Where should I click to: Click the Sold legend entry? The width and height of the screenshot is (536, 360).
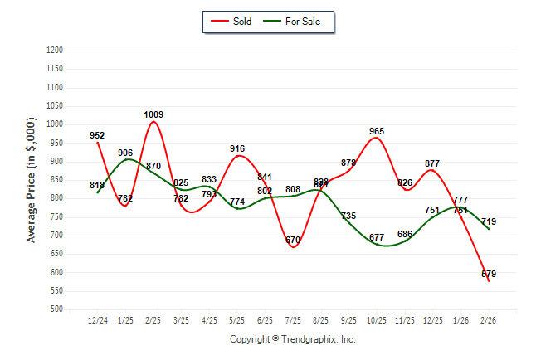[231, 22]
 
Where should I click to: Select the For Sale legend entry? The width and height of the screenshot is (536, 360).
[295, 22]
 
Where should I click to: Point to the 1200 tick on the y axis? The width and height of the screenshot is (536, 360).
[56, 51]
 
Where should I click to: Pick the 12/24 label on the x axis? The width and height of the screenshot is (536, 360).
[98, 320]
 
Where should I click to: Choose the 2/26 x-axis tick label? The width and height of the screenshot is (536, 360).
[489, 320]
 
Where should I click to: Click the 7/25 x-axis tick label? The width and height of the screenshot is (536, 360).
[293, 320]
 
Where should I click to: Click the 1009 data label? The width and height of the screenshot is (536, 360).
[153, 115]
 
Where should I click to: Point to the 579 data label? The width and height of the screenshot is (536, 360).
[488, 274]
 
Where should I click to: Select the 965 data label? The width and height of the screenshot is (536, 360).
[377, 131]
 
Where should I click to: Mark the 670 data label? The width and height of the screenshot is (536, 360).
[293, 241]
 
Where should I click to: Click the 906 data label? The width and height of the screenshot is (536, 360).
[126, 153]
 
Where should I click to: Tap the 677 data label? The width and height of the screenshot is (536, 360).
[377, 238]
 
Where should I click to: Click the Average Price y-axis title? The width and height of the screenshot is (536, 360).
[32, 180]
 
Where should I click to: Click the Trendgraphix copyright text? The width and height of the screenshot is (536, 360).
[292, 340]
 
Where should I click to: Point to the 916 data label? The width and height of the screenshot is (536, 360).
[237, 149]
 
